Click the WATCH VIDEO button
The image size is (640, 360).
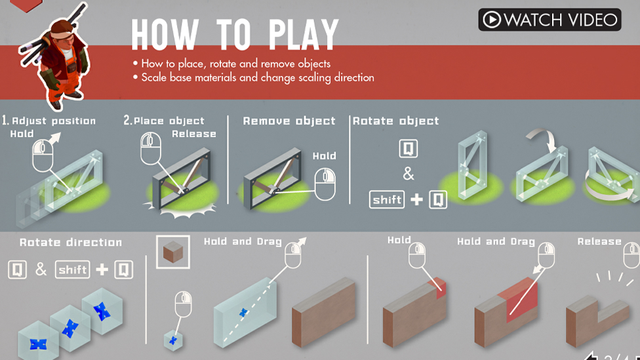coord(549,20)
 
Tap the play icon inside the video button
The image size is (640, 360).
coord(492,20)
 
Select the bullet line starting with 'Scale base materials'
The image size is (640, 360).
coord(257,77)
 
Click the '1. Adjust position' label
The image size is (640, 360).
coord(49,121)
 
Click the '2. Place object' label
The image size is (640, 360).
coord(164,121)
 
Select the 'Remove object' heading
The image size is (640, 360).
coord(289,121)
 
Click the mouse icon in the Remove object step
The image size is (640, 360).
coord(325,184)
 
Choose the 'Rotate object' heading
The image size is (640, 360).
coord(395,121)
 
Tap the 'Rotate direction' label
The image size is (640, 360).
coord(71,242)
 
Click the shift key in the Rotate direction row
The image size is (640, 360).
coord(72,270)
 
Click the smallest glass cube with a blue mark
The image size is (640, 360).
coord(173,340)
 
